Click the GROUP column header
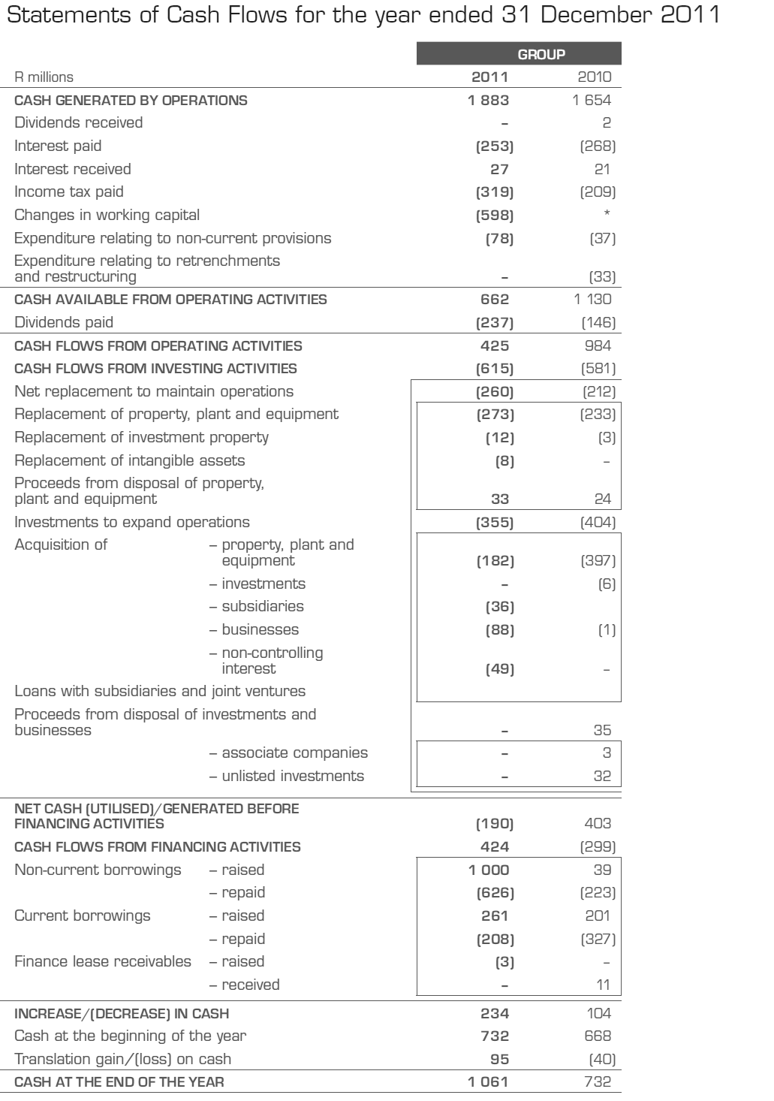point(541,54)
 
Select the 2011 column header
point(489,77)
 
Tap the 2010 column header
point(595,77)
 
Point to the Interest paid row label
point(58,146)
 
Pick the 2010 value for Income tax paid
point(598,192)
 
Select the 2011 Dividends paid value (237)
point(495,322)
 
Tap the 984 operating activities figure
point(598,345)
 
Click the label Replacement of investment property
point(141,437)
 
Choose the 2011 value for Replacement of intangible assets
point(504,460)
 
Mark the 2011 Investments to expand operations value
point(495,522)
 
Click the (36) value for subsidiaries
point(500,606)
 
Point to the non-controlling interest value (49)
point(500,668)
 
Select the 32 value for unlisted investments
point(602,776)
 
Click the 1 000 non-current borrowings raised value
point(489,870)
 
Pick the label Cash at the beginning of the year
point(131,1036)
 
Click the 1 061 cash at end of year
point(489,1082)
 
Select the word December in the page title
point(592,17)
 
